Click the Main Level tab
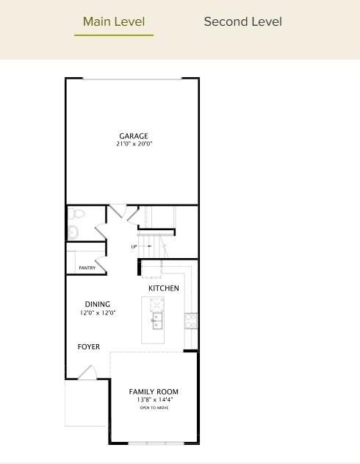114,22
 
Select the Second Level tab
242,22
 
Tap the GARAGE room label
134,136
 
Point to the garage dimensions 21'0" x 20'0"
134,144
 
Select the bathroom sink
73,232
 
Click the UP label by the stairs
134,246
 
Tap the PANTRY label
87,268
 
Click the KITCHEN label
163,288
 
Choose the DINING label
98,304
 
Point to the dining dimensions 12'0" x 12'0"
98,313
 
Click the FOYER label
89,347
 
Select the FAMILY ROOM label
154,392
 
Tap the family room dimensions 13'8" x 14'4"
154,400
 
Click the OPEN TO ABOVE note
154,407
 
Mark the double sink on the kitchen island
157,321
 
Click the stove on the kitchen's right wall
191,320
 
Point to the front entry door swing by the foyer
87,374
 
